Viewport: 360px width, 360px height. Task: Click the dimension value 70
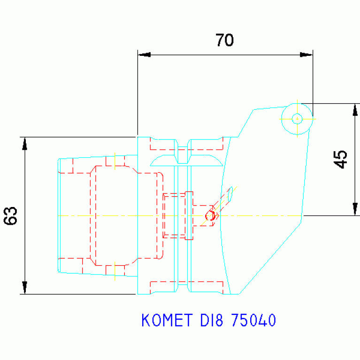click(224, 40)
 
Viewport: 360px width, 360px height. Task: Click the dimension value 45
click(341, 159)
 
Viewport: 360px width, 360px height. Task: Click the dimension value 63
click(11, 215)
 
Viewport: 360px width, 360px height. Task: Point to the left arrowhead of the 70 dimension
click(144, 55)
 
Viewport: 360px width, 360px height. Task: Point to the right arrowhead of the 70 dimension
click(306, 55)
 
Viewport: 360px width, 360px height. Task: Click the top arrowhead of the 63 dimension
click(25, 143)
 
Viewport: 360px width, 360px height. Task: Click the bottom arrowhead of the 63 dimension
click(25, 288)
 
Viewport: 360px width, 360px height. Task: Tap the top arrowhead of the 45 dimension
click(355, 109)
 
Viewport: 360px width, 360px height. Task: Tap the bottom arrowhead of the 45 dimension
click(355, 209)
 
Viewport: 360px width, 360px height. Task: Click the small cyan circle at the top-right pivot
click(297, 119)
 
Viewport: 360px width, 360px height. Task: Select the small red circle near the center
click(211, 216)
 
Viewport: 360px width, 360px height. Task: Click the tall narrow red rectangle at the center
click(189, 215)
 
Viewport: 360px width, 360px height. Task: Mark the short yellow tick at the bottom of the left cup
click(115, 271)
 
